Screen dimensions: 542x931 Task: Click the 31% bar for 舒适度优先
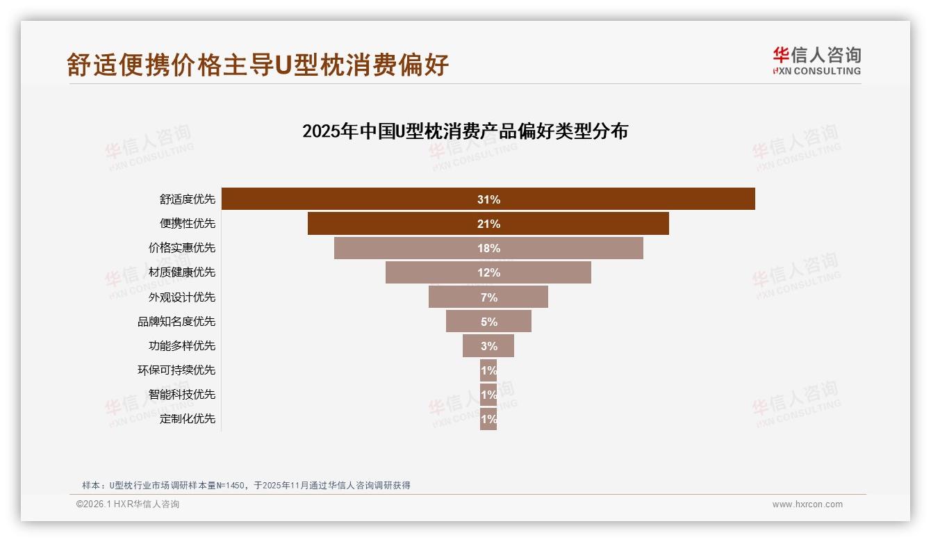tap(488, 199)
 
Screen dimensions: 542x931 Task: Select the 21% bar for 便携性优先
tap(488, 224)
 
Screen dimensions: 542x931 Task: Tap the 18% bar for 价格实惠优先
tap(488, 248)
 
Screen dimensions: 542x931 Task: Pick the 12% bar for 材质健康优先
tap(488, 272)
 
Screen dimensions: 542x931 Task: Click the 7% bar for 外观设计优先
tap(488, 297)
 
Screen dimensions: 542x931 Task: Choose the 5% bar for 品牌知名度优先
tap(488, 322)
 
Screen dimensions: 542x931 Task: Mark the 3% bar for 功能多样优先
tap(488, 346)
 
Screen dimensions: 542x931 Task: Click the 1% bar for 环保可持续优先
tap(488, 370)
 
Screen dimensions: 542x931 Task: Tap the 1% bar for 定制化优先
tap(488, 419)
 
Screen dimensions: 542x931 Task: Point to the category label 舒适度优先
tap(188, 199)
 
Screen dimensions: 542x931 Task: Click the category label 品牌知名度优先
tap(176, 322)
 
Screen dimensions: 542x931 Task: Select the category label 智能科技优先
tap(182, 395)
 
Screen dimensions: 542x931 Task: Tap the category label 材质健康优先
tap(182, 272)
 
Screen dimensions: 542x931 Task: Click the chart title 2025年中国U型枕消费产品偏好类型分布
tap(465, 131)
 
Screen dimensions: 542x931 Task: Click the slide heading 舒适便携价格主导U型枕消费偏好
tap(258, 65)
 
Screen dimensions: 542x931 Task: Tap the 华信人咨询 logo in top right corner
tap(816, 61)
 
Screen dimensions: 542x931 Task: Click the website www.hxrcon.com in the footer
tap(807, 504)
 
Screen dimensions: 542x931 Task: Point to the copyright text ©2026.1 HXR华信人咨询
tap(128, 504)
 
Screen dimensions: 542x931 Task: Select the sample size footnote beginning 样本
tap(246, 485)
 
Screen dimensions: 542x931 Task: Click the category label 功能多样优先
tap(182, 346)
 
